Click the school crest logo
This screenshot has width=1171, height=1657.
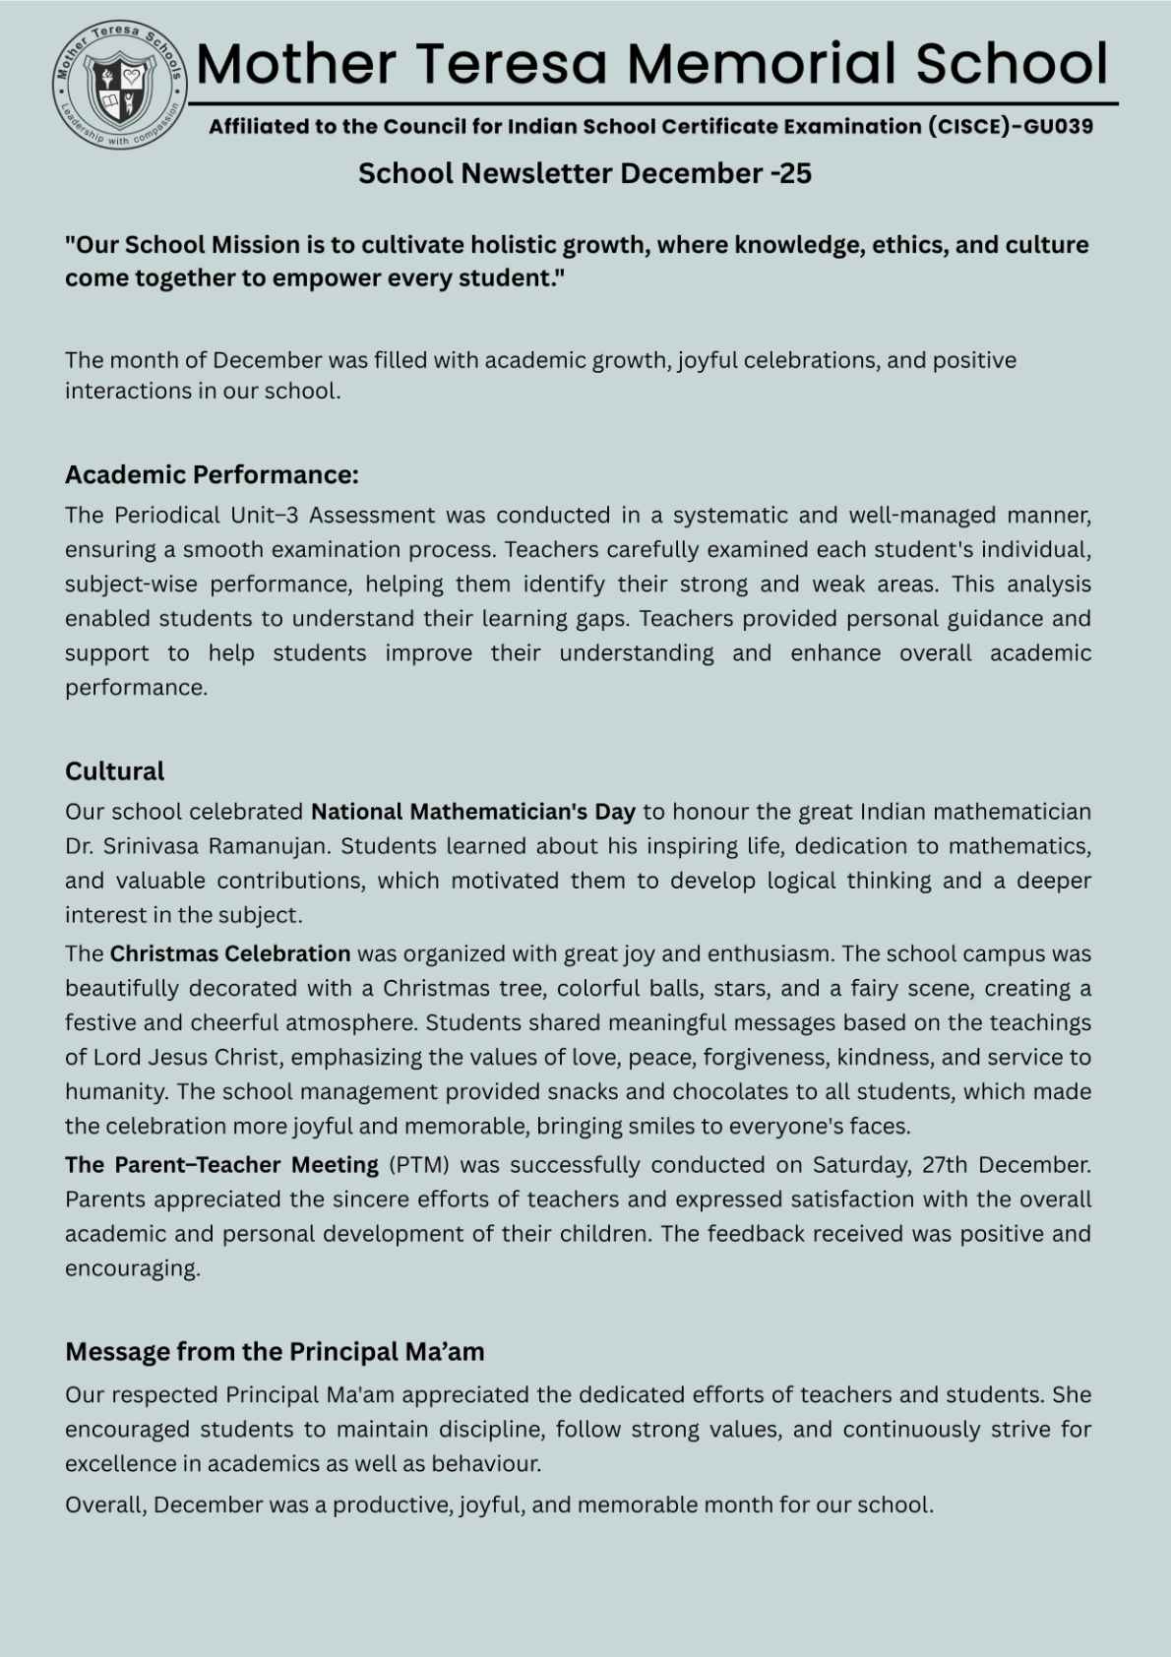pyautogui.click(x=119, y=85)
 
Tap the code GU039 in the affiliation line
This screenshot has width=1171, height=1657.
pyautogui.click(x=1058, y=126)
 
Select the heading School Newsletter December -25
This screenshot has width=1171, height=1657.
pyautogui.click(x=585, y=173)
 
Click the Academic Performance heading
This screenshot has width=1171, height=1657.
pyautogui.click(x=212, y=474)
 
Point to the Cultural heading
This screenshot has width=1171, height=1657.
pyautogui.click(x=114, y=770)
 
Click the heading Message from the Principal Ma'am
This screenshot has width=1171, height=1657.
pyautogui.click(x=275, y=1351)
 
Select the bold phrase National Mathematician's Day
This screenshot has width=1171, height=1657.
pyautogui.click(x=473, y=812)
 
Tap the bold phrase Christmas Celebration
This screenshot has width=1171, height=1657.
pyautogui.click(x=230, y=953)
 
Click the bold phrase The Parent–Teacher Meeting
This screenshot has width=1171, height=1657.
pyautogui.click(x=221, y=1165)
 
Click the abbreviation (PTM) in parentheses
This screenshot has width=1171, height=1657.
pyautogui.click(x=419, y=1165)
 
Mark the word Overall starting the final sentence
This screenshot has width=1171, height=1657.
pyautogui.click(x=105, y=1504)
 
